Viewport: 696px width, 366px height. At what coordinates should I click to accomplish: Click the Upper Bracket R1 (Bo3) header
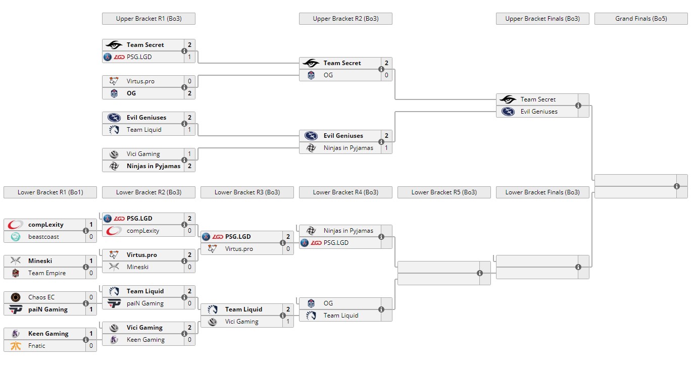148,19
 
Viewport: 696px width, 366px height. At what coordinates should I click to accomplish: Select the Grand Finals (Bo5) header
641,19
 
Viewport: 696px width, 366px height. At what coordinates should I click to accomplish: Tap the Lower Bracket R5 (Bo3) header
444,192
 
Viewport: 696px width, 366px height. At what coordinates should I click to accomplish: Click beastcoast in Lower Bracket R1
43,237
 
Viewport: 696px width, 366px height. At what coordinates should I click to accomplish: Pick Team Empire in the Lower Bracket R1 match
46,273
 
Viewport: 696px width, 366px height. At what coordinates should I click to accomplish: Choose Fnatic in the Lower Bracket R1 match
37,346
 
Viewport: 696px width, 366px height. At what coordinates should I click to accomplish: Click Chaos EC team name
41,297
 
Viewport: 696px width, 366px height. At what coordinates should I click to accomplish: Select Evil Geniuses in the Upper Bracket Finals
539,112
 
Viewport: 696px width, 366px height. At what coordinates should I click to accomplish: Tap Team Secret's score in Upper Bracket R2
386,63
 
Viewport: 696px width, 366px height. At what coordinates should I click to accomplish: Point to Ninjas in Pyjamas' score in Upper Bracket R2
386,148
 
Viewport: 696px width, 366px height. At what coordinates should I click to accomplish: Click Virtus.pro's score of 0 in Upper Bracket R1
189,81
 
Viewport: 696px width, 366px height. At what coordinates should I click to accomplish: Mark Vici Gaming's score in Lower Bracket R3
288,322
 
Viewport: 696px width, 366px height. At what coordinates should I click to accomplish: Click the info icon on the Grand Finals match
677,186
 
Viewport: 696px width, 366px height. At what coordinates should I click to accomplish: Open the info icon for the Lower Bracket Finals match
578,267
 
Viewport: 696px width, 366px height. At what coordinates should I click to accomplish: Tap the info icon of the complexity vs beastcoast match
86,231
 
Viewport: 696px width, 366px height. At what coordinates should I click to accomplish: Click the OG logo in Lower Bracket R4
311,303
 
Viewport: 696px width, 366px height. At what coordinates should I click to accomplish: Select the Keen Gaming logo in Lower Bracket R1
16,334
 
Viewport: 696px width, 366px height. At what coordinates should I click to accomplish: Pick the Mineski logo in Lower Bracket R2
114,267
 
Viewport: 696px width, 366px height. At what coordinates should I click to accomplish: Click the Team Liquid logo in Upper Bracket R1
114,130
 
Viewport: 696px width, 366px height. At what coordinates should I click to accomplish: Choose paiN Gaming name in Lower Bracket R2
145,303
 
